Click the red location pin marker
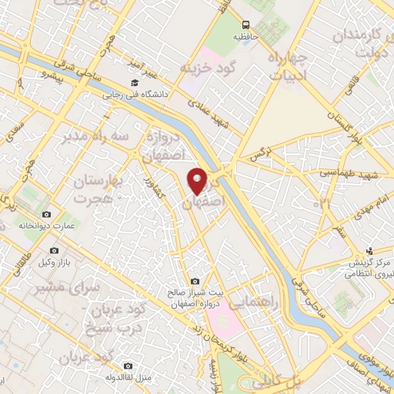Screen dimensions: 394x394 tap(198, 181)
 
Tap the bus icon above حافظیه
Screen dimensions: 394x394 tap(245, 25)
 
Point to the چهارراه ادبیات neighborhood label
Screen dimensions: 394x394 tap(289, 65)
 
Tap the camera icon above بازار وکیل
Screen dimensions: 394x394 tap(54, 250)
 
